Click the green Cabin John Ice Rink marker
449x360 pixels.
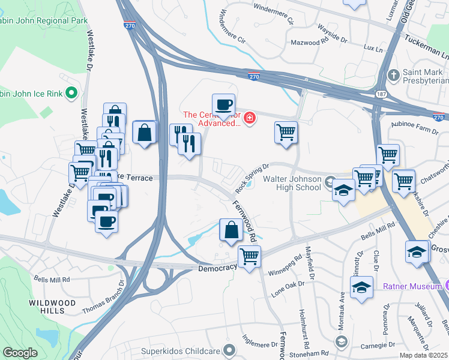71,92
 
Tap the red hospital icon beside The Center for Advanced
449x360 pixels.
249,117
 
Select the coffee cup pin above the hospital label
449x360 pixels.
223,106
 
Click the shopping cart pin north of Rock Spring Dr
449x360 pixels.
286,132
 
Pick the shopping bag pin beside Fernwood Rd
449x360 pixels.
231,230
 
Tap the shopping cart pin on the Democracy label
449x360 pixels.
249,257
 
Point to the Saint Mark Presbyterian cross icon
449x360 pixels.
393,75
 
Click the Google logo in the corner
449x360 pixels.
20,353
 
